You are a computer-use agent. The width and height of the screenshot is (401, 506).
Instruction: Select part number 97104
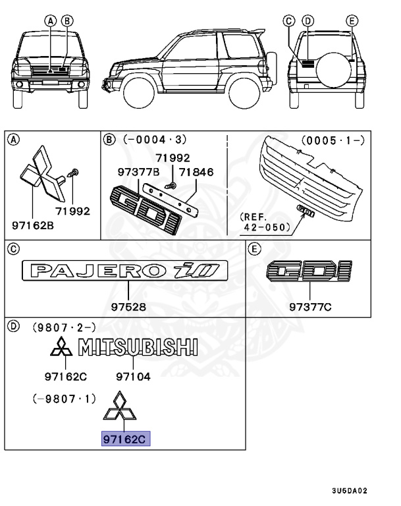click(x=134, y=377)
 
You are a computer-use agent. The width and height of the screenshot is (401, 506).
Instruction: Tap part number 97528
click(x=128, y=307)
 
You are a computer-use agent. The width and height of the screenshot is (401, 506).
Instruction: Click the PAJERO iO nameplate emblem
click(x=124, y=271)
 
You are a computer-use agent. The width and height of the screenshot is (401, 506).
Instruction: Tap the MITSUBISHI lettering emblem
click(x=138, y=348)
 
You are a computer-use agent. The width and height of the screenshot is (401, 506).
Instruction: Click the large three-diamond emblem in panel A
click(x=40, y=175)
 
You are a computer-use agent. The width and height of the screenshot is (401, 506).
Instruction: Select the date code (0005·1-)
click(x=333, y=140)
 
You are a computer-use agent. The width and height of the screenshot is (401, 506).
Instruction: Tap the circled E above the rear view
click(x=352, y=21)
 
